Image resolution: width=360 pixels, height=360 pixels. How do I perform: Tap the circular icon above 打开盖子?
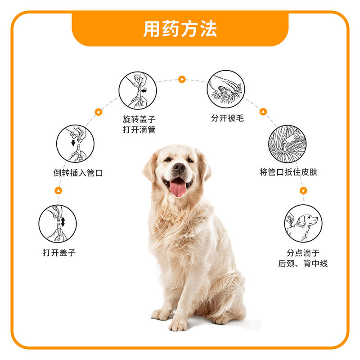(x=58, y=223)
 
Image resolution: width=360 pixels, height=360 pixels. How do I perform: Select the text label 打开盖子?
(x=59, y=252)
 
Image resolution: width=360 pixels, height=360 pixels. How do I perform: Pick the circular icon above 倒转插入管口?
(x=75, y=144)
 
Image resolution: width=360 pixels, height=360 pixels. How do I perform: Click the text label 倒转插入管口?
(x=78, y=172)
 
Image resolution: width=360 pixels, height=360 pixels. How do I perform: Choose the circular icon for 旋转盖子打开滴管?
(x=138, y=90)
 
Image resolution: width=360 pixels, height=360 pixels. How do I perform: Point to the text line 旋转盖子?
(x=139, y=119)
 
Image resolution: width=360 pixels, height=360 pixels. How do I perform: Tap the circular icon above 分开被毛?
(x=226, y=88)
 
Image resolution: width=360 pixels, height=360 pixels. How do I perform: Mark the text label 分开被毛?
(x=227, y=119)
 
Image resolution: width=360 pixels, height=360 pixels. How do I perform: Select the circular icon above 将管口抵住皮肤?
(x=287, y=144)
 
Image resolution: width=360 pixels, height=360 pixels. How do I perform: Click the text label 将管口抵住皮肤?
(x=288, y=172)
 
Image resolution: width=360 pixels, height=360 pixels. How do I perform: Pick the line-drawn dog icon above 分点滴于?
(x=303, y=223)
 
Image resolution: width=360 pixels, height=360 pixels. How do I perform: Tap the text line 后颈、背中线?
(x=303, y=264)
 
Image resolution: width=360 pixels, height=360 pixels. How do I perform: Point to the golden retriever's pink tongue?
(x=178, y=187)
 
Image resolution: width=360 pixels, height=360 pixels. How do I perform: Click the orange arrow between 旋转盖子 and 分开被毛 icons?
(x=181, y=80)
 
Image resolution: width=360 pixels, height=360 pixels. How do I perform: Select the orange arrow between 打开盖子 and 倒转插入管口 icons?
(x=58, y=191)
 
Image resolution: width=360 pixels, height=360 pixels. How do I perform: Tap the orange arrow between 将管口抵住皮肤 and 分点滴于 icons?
(x=303, y=191)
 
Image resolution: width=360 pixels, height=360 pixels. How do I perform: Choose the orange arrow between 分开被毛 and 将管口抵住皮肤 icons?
(x=263, y=112)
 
